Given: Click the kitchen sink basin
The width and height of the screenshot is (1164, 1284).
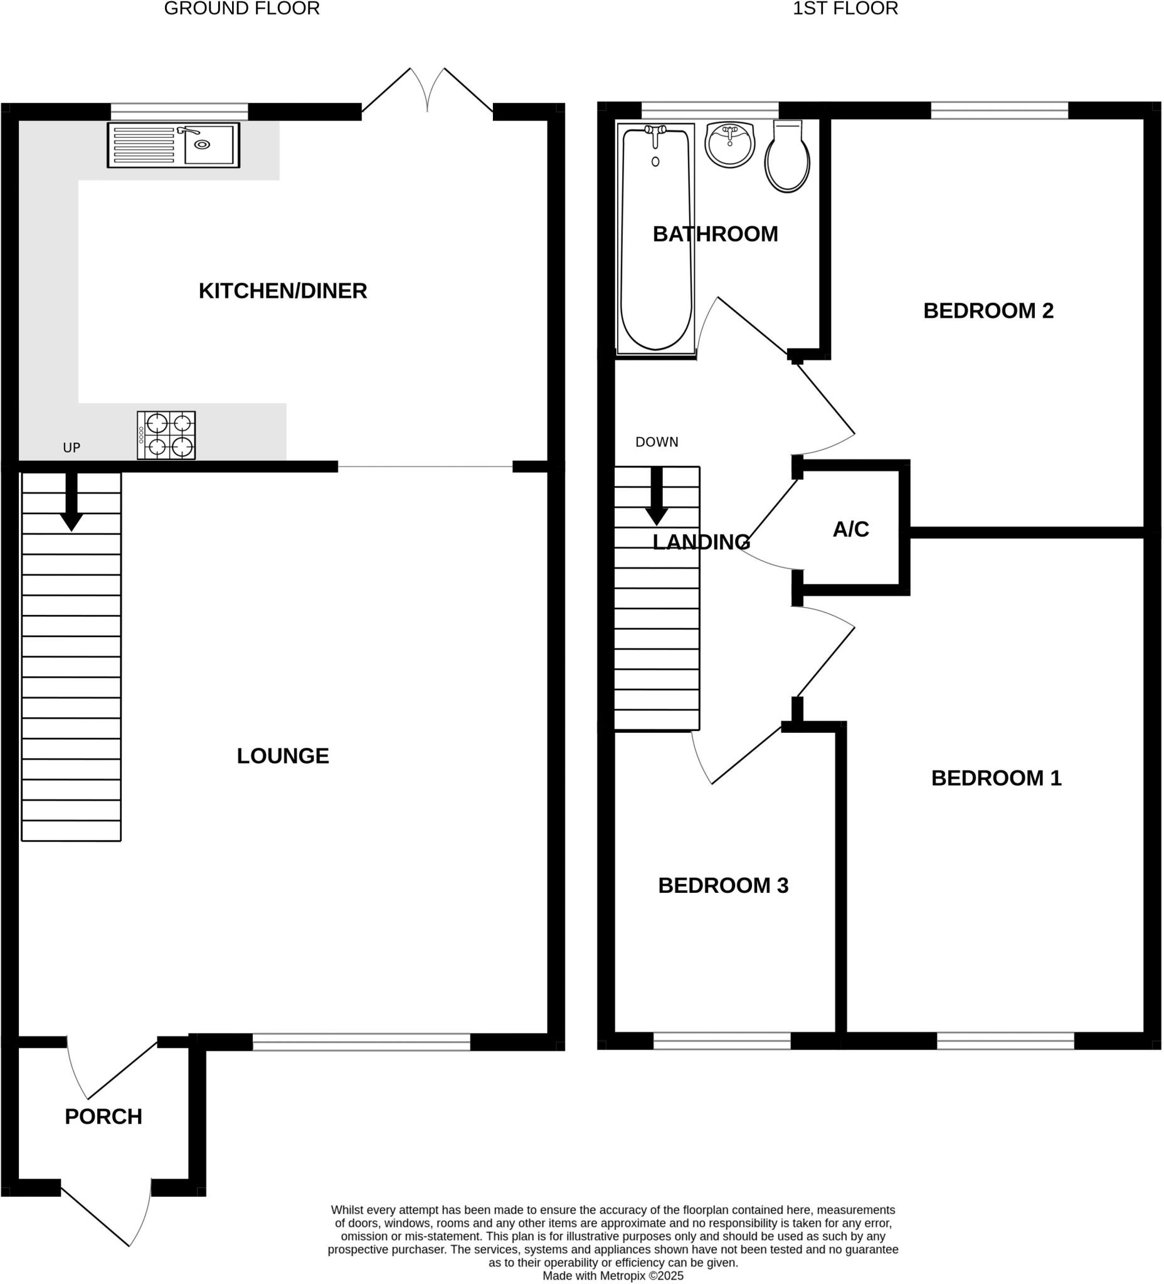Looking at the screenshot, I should pyautogui.click(x=208, y=145).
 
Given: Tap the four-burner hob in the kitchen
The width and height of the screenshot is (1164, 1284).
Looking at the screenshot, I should pyautogui.click(x=166, y=435).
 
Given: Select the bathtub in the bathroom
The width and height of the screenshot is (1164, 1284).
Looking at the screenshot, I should pyautogui.click(x=655, y=239).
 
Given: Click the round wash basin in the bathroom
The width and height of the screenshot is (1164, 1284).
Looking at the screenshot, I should pyautogui.click(x=729, y=145).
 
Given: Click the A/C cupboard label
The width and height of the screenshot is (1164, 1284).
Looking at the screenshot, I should pyautogui.click(x=850, y=529).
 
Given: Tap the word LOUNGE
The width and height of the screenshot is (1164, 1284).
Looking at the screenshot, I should pyautogui.click(x=283, y=756).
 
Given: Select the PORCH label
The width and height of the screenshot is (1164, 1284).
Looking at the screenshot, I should pyautogui.click(x=103, y=1117).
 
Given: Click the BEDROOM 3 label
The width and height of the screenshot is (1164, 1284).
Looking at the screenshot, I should pyautogui.click(x=723, y=885).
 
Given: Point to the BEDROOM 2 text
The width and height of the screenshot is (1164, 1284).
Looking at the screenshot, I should pyautogui.click(x=988, y=311).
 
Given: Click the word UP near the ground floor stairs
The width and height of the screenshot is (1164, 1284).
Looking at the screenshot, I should pyautogui.click(x=71, y=448).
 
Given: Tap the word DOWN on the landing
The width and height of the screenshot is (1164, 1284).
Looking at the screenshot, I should pyautogui.click(x=657, y=442).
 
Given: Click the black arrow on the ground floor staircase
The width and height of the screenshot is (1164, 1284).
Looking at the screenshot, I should pyautogui.click(x=71, y=503).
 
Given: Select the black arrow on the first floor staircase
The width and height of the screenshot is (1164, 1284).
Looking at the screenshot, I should pyautogui.click(x=657, y=497).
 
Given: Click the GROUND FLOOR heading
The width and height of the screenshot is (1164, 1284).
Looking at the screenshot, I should pyautogui.click(x=241, y=9).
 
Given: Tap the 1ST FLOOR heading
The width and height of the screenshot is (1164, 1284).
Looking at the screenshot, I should pyautogui.click(x=845, y=9).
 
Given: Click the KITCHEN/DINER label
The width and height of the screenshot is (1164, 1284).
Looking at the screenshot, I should pyautogui.click(x=283, y=291).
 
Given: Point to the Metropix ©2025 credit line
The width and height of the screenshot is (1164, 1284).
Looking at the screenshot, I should pyautogui.click(x=613, y=1276).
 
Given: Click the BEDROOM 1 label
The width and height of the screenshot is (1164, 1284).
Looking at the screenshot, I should pyautogui.click(x=997, y=778).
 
